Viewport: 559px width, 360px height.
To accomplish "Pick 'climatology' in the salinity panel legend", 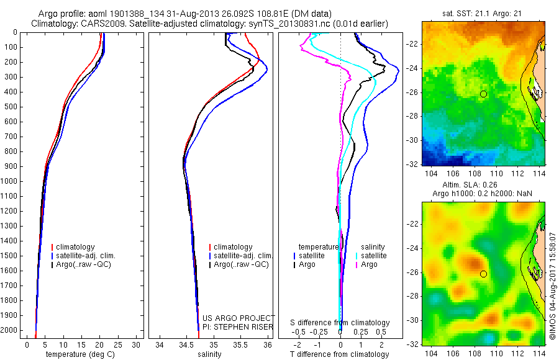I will (233, 247).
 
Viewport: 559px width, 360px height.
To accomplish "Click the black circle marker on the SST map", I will (483, 94).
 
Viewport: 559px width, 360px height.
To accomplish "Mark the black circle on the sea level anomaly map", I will (483, 274).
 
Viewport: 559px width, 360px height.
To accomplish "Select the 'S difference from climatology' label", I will (340, 323).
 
